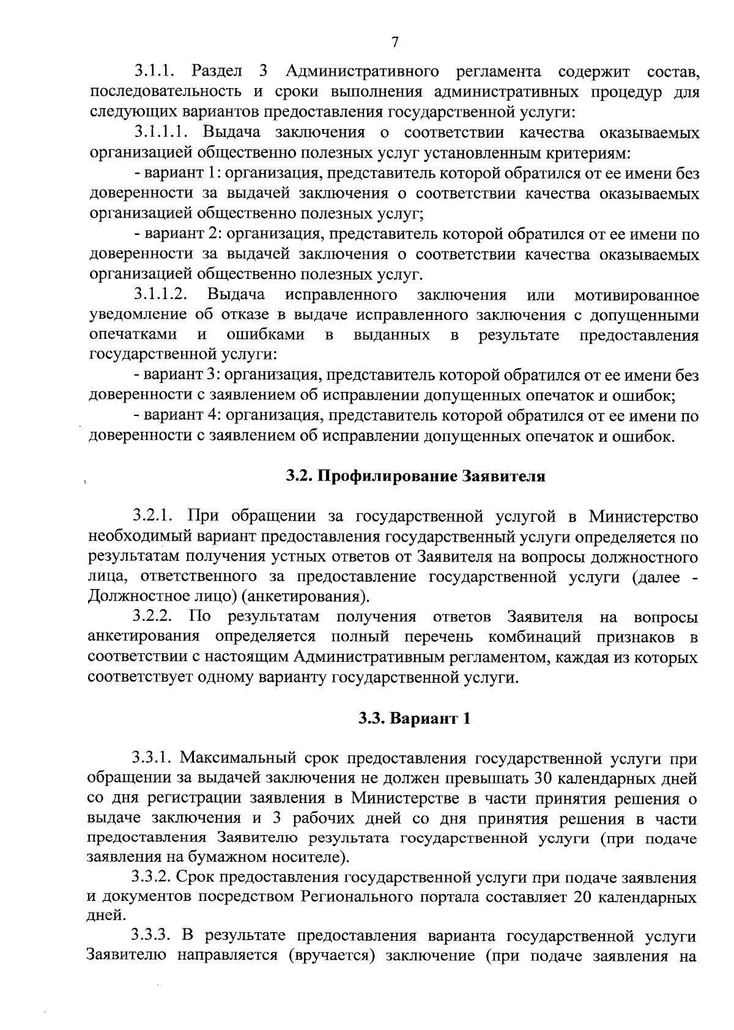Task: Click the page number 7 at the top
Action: [395, 42]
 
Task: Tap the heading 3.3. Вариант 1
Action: [414, 718]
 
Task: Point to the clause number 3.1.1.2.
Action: [161, 295]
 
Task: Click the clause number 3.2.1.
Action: [154, 516]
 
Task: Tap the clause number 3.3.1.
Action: [153, 758]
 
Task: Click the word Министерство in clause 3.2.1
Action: [643, 516]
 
